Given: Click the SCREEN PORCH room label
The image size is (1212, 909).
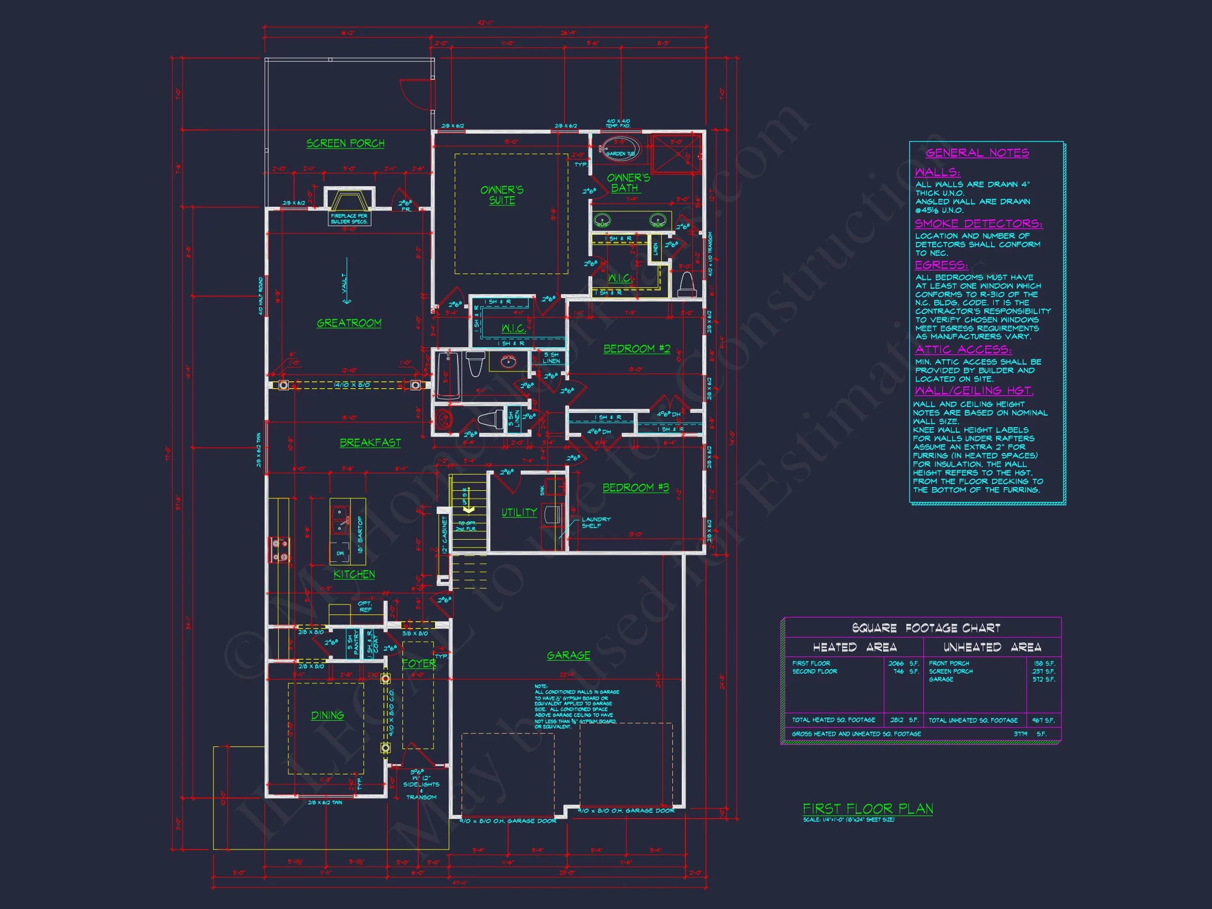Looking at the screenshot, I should [x=345, y=144].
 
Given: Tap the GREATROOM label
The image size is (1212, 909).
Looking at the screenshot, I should [x=349, y=324].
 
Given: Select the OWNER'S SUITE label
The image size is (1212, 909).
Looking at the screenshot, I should [x=502, y=195].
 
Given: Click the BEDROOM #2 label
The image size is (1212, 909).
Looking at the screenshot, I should [x=637, y=349].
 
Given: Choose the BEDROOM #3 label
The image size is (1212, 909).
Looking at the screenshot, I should [x=635, y=488].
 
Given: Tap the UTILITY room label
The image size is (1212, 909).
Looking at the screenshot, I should [x=519, y=512].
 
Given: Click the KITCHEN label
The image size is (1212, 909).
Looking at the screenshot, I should [x=355, y=574].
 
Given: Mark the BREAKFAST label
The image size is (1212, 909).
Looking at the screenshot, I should [x=370, y=443].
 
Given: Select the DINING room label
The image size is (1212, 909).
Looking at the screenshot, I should [x=328, y=715].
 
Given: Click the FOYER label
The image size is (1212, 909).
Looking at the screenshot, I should [x=419, y=663].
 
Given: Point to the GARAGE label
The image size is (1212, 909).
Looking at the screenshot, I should [x=569, y=655].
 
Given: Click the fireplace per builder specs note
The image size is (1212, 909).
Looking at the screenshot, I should [x=349, y=219].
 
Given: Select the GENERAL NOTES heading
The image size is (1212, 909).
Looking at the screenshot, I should [x=977, y=153].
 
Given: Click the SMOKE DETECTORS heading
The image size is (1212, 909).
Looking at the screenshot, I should [x=978, y=224].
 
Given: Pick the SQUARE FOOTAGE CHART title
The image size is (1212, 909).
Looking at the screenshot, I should [x=926, y=628].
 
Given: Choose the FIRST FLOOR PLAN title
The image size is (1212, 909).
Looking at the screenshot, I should [x=868, y=809].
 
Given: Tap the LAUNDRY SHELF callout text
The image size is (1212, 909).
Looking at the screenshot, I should [x=596, y=522].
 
